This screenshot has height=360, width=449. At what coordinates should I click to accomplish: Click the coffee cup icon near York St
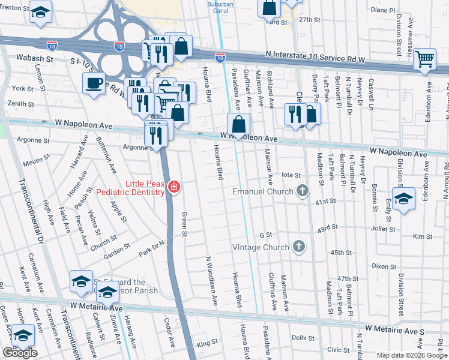coord(94,83)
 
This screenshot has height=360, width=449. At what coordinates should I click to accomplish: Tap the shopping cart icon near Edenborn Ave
coord(424,59)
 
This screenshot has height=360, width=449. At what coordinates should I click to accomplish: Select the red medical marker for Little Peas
coord(173,187)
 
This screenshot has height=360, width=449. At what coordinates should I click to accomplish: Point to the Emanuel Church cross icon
coord(302,191)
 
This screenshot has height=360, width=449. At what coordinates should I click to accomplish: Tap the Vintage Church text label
coord(261,247)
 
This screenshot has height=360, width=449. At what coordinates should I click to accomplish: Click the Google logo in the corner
coord(20,353)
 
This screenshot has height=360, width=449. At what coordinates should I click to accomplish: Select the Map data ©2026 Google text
coord(411,355)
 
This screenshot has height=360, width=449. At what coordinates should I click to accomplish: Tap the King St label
coord(207,343)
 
